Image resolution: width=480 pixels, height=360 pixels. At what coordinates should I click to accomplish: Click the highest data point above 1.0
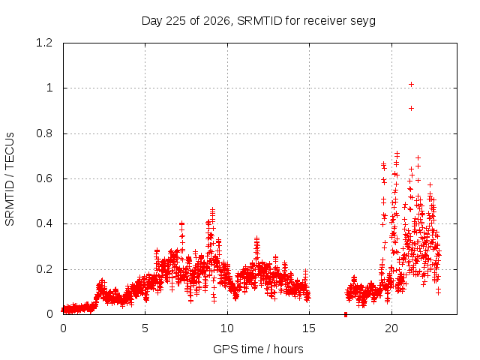click(412, 84)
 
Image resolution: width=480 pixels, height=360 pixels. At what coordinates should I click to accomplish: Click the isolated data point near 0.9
click(412, 108)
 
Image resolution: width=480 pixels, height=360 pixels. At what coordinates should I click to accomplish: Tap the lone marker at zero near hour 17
click(346, 314)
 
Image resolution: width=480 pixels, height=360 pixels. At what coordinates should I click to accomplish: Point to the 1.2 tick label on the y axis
click(44, 43)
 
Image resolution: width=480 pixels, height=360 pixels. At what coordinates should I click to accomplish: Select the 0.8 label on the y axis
click(44, 133)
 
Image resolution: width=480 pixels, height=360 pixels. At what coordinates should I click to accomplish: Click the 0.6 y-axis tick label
click(44, 178)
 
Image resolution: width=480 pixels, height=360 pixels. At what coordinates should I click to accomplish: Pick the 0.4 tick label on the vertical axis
click(44, 223)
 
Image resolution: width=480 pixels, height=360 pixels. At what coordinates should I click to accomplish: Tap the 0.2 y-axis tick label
click(44, 269)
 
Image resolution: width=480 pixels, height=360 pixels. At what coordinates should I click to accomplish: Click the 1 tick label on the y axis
click(49, 88)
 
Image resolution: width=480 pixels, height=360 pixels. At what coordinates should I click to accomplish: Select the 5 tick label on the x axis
click(145, 328)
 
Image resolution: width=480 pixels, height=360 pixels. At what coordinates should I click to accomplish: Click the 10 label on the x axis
click(227, 328)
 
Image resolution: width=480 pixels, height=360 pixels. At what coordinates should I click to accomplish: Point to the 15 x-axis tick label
click(309, 328)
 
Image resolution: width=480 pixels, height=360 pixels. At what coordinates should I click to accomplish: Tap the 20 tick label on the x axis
click(391, 328)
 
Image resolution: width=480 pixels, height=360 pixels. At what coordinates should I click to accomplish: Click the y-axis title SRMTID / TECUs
click(10, 179)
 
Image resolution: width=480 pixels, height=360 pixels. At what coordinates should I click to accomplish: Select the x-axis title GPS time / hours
click(258, 349)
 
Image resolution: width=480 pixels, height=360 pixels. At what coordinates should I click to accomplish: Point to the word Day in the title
click(152, 21)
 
